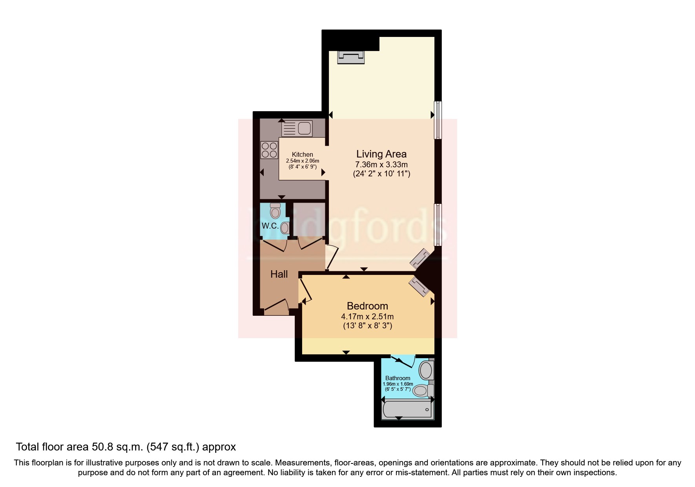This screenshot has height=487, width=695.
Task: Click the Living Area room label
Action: point(381,154)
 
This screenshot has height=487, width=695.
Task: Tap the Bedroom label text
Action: point(367,306)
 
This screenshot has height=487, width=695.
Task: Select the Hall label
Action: point(279,274)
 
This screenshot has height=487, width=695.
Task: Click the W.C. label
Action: point(270,226)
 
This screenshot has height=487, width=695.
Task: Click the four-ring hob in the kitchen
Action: point(269,150)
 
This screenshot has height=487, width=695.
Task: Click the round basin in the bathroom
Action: point(425,370)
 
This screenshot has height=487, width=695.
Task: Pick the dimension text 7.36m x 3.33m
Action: point(381,165)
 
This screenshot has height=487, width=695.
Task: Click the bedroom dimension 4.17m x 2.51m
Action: point(367,317)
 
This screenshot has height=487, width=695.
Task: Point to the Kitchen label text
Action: point(302,155)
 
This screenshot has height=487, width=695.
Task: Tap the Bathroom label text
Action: point(398,378)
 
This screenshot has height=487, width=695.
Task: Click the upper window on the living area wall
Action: point(438,120)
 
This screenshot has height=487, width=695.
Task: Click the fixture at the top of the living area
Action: point(351,57)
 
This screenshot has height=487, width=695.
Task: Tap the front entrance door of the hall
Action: point(277,307)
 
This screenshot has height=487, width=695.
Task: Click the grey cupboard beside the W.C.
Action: point(309,218)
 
